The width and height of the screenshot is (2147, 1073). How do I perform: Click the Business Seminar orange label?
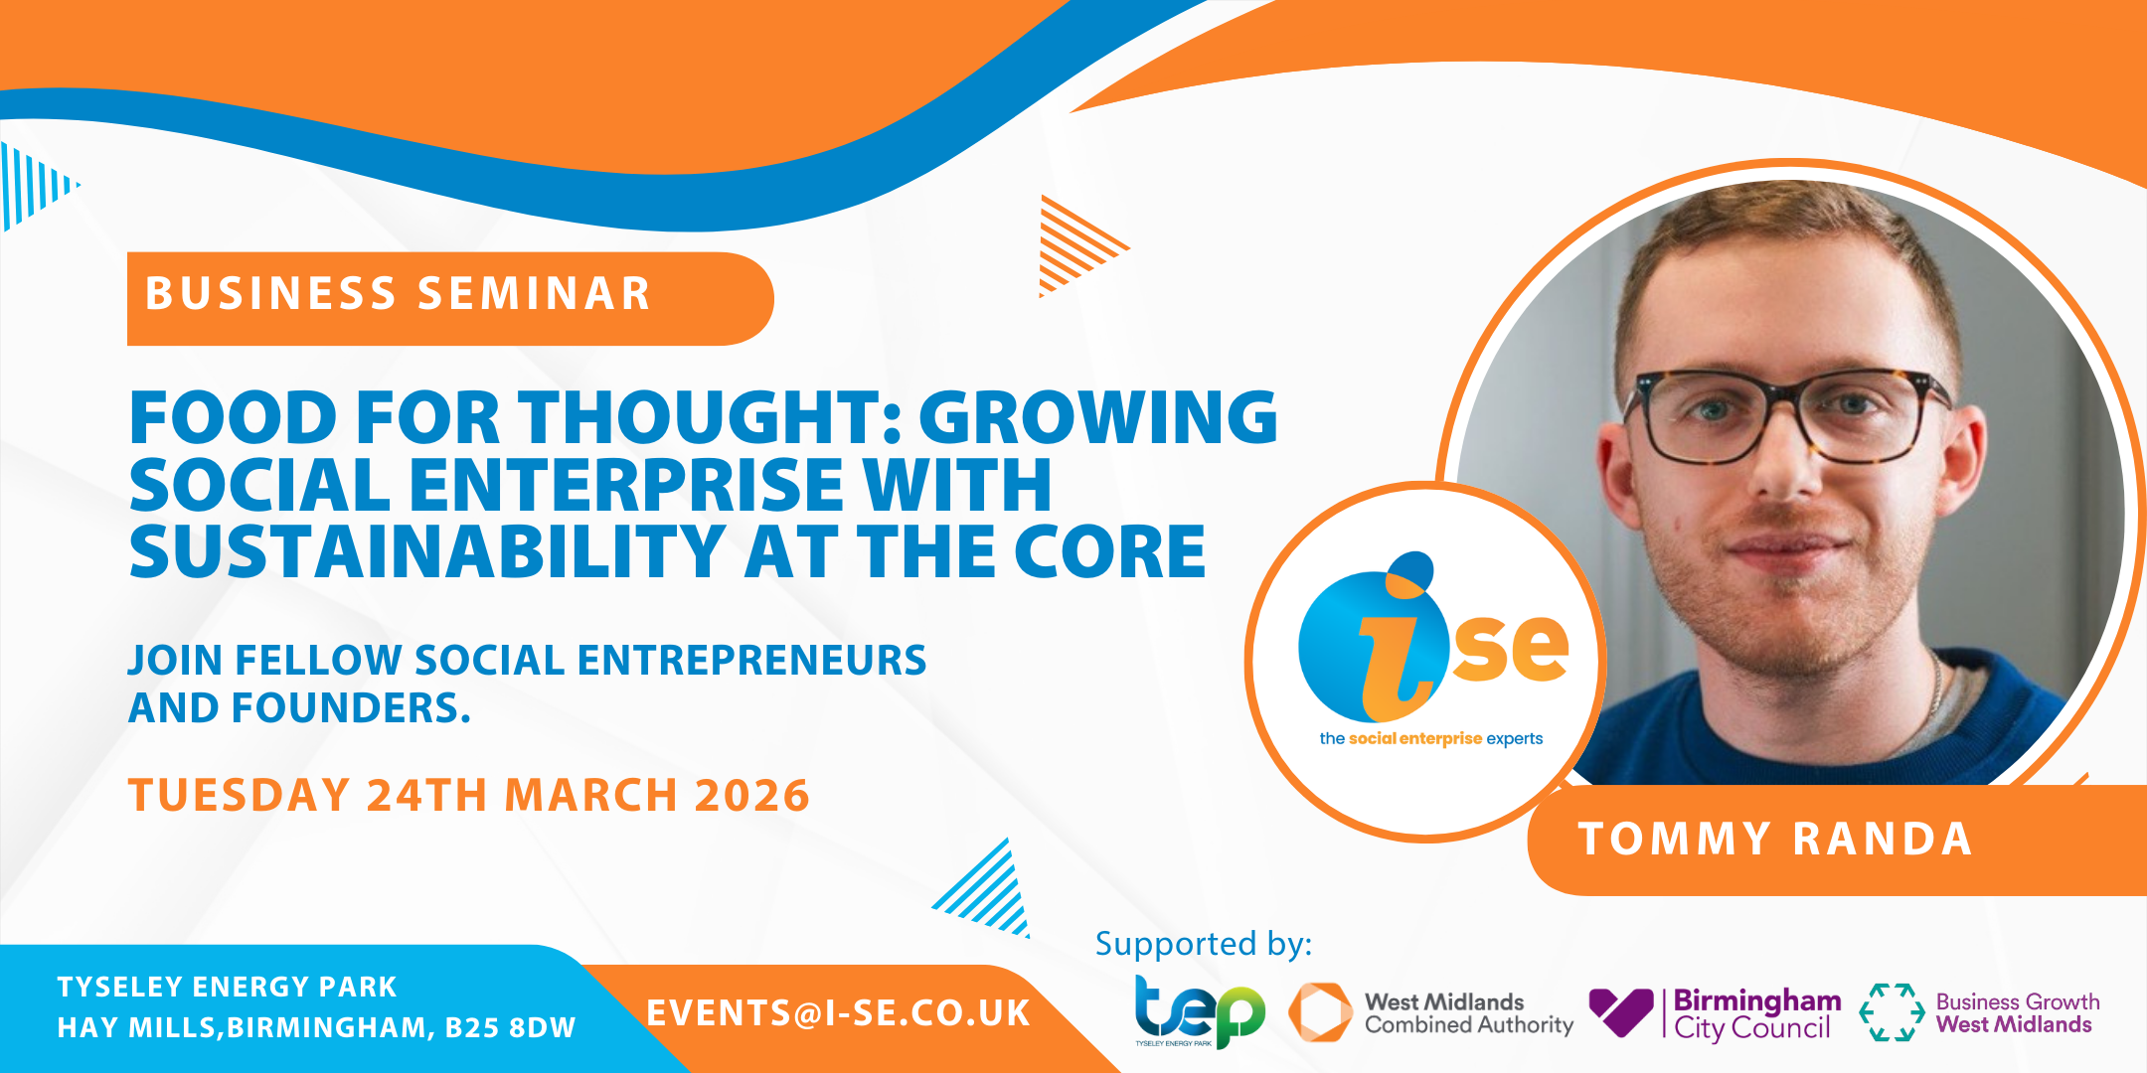pos(449,298)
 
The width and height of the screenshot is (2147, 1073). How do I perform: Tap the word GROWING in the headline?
pos(1098,416)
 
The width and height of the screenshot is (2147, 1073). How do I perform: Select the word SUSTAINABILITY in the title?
pos(427,551)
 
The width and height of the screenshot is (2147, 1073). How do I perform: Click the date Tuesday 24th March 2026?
pos(469,795)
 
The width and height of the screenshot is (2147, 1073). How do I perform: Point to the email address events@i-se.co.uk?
pos(838,1013)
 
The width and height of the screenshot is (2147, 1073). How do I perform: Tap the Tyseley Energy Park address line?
pos(227,987)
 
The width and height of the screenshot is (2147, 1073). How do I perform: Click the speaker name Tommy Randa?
pos(1775,839)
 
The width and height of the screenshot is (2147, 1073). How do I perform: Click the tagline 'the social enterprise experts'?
pos(1431,738)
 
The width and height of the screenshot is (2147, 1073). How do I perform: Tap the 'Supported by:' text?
pos(1204,944)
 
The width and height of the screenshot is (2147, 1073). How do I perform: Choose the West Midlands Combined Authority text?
pos(1469,1013)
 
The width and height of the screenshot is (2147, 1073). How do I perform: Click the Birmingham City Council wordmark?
pos(1757,1013)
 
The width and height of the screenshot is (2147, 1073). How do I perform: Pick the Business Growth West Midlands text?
pos(2018,1013)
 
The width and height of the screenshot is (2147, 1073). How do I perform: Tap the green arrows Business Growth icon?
pos(1892,1012)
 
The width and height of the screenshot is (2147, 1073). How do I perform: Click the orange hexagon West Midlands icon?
pos(1320,1012)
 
